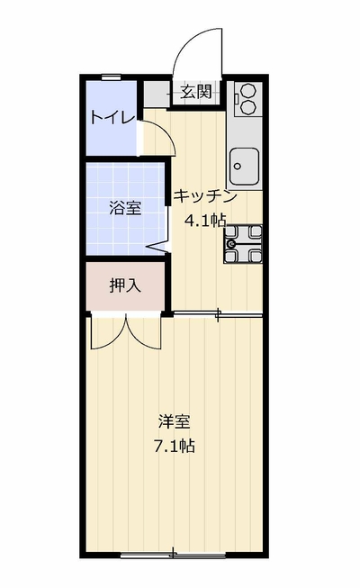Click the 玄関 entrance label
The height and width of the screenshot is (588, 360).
point(196,92)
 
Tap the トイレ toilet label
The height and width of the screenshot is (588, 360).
point(112,118)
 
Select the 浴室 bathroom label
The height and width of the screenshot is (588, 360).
point(125,209)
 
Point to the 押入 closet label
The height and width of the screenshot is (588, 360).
point(125,285)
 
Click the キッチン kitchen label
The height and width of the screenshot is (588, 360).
point(205,196)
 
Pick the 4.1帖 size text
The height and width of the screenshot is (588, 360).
point(206,221)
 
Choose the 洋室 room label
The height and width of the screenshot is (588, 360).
point(174,422)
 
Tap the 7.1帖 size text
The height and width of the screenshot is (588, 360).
point(175,446)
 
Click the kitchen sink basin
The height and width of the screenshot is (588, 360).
point(245,165)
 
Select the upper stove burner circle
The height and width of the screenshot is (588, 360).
point(247,91)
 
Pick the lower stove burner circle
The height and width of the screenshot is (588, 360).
point(247,107)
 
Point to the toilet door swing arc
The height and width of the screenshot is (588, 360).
point(165,131)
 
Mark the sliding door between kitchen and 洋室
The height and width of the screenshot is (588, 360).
point(218,314)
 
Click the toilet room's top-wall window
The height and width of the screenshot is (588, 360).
point(111,77)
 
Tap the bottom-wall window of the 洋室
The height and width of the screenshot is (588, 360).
point(173,555)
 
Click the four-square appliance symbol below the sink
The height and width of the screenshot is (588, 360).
point(243,244)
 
